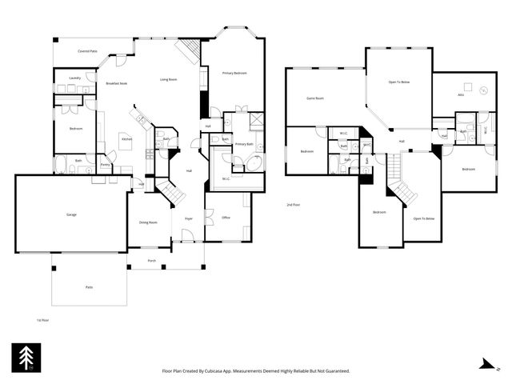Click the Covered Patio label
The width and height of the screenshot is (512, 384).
[88, 51]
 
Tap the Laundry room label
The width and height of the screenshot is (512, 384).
[74, 78]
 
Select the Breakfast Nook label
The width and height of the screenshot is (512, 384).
[118, 83]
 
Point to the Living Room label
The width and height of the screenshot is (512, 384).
[168, 79]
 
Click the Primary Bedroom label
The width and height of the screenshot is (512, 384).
[234, 74]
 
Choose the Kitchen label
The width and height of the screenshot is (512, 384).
[126, 139]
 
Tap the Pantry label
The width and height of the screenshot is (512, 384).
[105, 166]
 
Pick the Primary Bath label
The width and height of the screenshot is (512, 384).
[244, 144]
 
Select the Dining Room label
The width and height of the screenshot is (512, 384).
[148, 222]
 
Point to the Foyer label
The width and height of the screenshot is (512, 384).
[189, 218]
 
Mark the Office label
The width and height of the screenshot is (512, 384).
[226, 218]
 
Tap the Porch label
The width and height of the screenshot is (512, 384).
[152, 261]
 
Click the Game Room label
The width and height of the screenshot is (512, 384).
[315, 98]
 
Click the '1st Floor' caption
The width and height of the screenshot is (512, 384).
[42, 320]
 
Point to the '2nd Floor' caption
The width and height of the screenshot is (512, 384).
[294, 206]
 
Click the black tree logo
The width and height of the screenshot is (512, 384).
[25, 358]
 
